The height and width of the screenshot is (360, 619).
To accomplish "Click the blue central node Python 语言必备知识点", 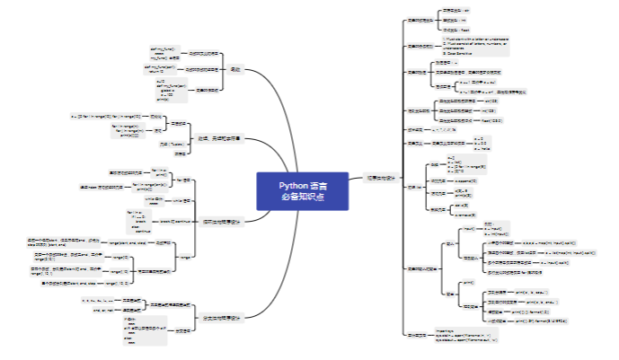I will (302, 190).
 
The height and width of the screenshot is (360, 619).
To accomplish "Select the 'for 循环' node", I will (182, 179).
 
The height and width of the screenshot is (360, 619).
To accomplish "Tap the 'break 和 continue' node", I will (180, 221).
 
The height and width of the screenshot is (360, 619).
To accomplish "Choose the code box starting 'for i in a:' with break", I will (137, 221).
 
